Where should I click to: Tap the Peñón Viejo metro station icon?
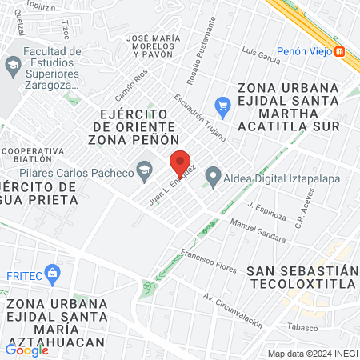340,51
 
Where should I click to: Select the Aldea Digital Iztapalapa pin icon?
213,176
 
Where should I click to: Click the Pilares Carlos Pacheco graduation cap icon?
144,169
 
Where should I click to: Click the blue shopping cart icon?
223,105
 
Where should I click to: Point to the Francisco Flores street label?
208,262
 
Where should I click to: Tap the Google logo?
26,350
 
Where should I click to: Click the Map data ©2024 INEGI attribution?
312,354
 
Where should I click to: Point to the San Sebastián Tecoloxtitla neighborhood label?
302,277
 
